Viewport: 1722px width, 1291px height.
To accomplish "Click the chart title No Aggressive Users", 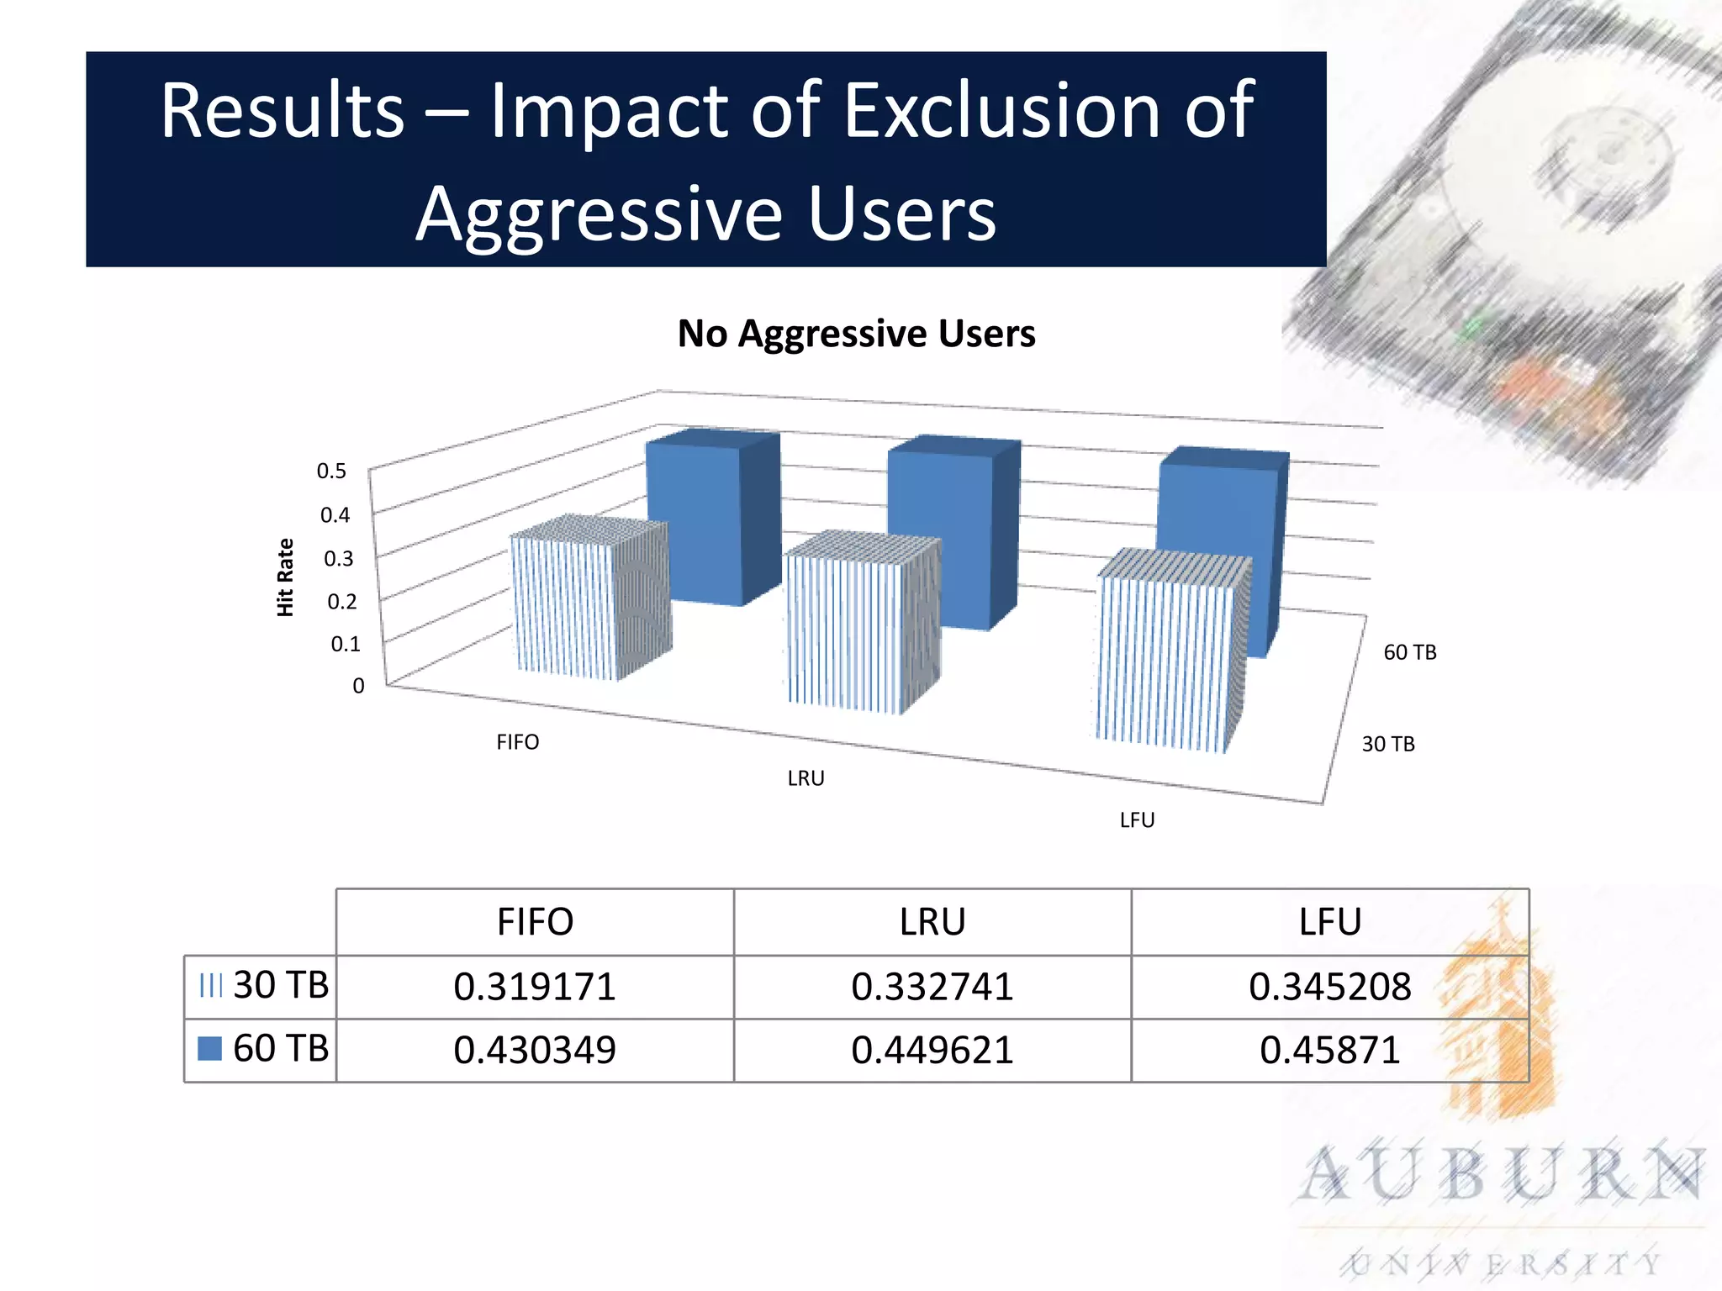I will pos(856,334).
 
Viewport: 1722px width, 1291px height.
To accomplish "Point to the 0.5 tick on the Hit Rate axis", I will pos(331,472).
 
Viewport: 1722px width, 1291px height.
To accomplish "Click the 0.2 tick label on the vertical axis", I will pos(341,602).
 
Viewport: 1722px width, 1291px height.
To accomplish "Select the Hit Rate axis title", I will pos(285,578).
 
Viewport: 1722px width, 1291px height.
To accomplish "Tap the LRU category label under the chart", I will pos(806,778).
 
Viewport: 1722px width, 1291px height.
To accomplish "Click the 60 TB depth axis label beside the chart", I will pos(1410,652).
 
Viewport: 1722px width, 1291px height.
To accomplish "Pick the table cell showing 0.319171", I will pos(535,987).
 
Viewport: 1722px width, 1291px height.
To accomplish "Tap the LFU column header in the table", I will pos(1329,922).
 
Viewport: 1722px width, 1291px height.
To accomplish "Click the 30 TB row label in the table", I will pos(280,985).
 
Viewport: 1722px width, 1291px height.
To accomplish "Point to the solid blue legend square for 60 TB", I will pos(209,1048).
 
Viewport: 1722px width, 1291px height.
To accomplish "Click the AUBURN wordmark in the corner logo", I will pos(1503,1174).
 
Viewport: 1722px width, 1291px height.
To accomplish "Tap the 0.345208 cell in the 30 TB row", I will pos(1329,987).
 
